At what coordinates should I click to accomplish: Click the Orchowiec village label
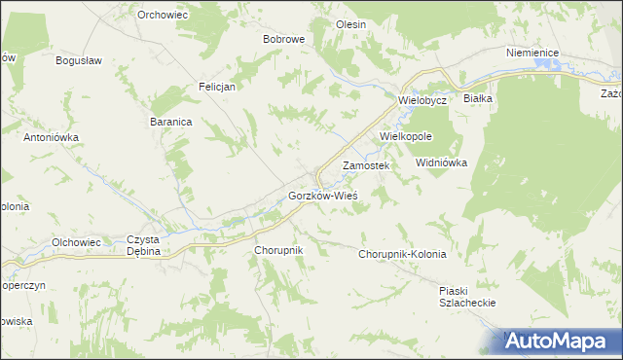pos(163,15)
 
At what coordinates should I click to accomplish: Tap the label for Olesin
pos(350,24)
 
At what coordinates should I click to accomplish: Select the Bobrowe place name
pos(284,40)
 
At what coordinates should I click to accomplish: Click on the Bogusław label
pos(80,60)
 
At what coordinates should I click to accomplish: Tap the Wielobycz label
pos(421,100)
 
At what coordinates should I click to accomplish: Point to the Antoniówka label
pos(51,138)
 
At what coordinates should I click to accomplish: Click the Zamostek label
pos(366,166)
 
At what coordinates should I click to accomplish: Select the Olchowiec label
pos(76,241)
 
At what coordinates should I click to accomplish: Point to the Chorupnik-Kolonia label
pos(402,254)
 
